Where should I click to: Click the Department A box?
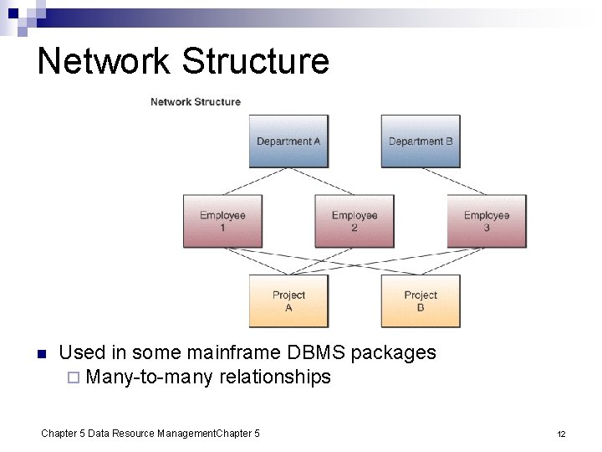[288, 141]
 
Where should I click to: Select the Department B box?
[421, 141]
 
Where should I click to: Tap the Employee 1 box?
[222, 221]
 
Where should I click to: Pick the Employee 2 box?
[355, 221]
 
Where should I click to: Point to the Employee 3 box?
[487, 221]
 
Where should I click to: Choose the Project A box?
[288, 300]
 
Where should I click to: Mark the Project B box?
[421, 300]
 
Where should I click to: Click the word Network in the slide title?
[104, 61]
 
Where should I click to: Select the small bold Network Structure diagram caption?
[195, 102]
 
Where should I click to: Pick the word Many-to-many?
[150, 378]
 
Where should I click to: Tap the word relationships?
[275, 378]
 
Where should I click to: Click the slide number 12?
[562, 434]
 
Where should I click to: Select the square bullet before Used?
[41, 353]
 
